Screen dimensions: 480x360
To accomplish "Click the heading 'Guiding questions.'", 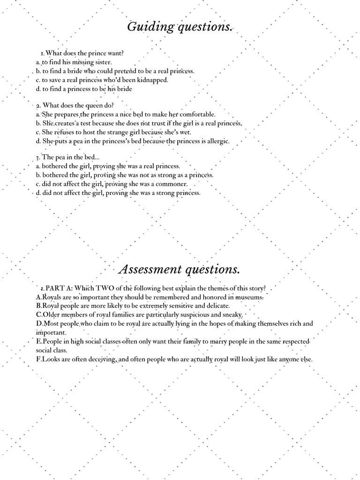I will (x=180, y=27).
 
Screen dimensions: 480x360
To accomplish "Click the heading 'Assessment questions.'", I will (x=180, y=270).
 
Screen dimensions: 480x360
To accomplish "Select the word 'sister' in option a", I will (x=103, y=62).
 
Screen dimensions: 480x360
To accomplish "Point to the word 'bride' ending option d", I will (x=124, y=89).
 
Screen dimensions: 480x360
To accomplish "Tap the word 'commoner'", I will (x=172, y=184).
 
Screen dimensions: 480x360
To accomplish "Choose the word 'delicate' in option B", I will (x=216, y=306).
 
